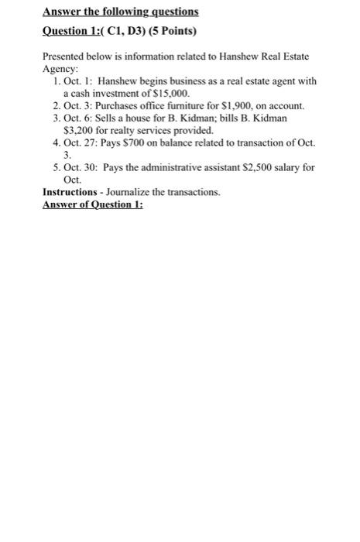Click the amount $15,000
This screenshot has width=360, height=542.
(172, 91)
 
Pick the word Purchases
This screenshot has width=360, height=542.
(120, 104)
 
